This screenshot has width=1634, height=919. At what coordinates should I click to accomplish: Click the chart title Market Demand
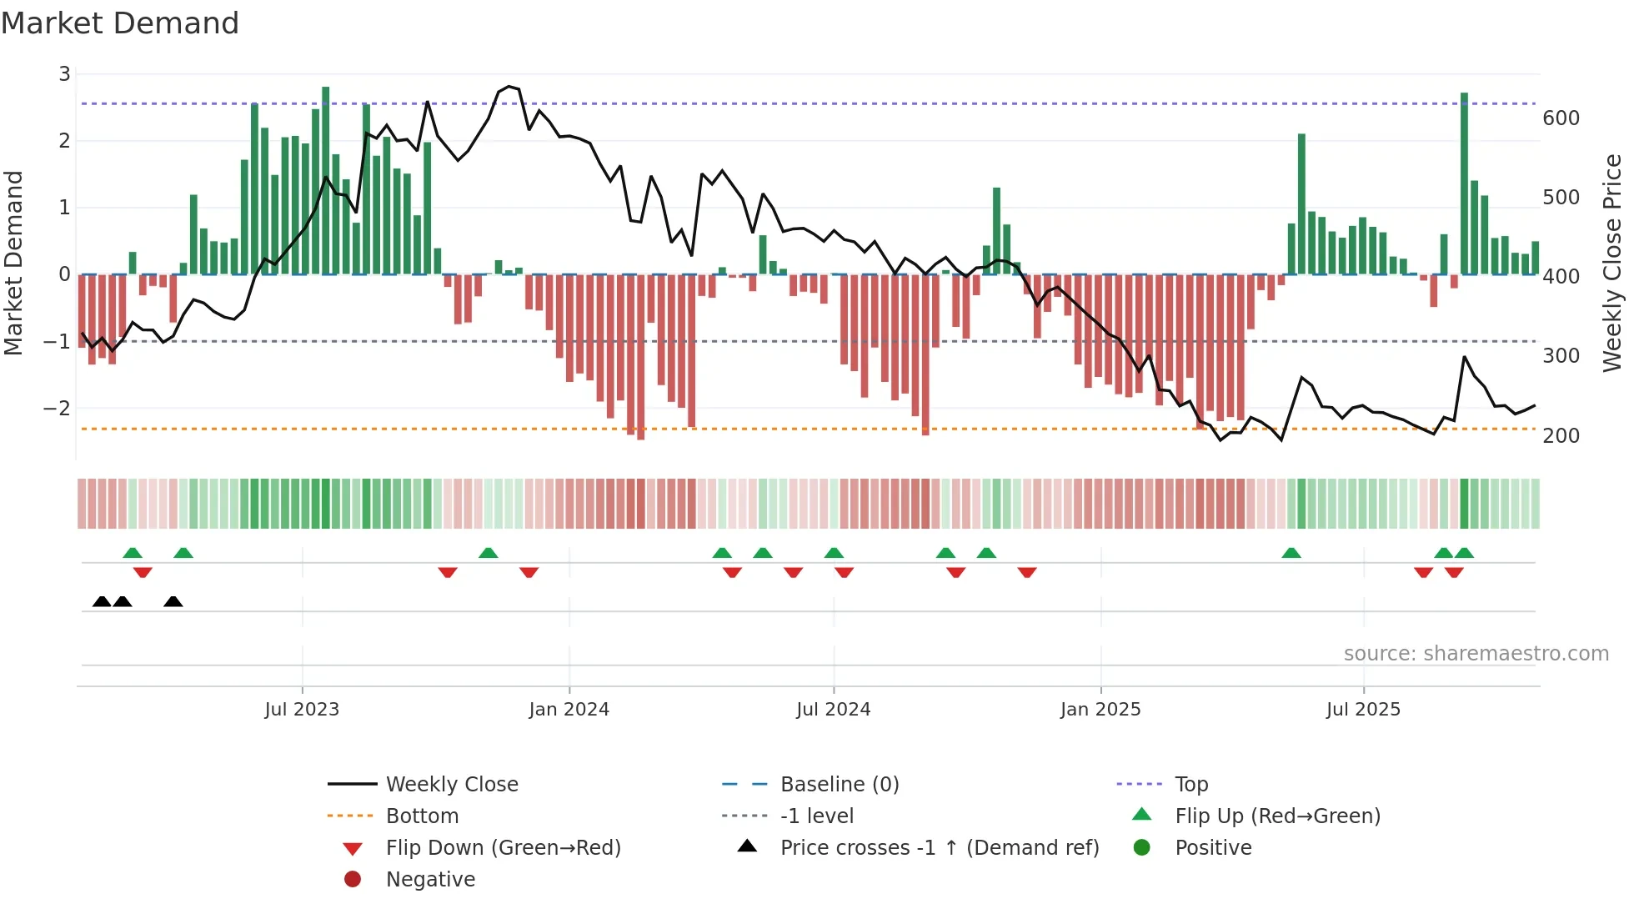(120, 23)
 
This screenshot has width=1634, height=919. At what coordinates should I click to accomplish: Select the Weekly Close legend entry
(451, 784)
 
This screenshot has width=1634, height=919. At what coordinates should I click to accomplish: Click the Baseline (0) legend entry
(839, 784)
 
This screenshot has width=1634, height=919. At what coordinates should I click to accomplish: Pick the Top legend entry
(1190, 784)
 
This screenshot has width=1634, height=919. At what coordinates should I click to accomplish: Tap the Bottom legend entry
(422, 816)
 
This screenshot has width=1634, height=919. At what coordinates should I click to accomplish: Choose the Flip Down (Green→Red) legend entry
(503, 847)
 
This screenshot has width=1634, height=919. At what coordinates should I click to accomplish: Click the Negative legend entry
(430, 879)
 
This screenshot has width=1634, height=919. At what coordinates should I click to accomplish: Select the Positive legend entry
(1213, 847)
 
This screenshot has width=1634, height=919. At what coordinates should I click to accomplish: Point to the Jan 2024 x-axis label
(569, 709)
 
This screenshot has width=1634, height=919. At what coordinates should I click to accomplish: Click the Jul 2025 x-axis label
(1363, 709)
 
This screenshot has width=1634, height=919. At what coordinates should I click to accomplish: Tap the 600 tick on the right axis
(1561, 118)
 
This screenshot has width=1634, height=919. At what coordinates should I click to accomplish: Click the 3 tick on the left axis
(64, 73)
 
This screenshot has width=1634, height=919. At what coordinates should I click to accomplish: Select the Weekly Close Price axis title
(1612, 263)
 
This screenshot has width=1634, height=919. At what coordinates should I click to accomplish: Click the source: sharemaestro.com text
(1476, 653)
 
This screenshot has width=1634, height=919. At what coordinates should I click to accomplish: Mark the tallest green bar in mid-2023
(325, 179)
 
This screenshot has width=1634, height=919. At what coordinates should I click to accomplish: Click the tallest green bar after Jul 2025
(1464, 183)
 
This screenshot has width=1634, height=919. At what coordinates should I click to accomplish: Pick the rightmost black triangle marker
(173, 601)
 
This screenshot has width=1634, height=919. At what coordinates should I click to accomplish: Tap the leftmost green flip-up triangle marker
(133, 553)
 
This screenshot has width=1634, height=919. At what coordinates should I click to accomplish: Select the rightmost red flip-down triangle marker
(1454, 572)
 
